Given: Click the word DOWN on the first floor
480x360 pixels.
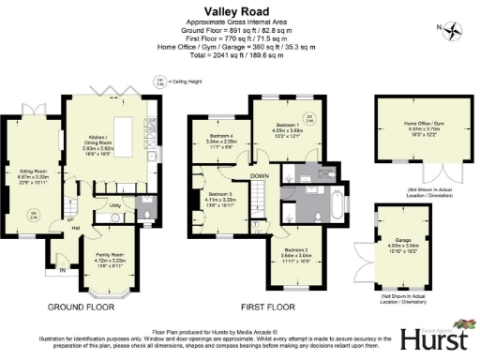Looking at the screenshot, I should pos(260,175).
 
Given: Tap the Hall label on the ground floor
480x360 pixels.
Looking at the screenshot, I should pos(74,228).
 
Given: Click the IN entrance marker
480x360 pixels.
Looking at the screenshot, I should pos(63,271).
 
